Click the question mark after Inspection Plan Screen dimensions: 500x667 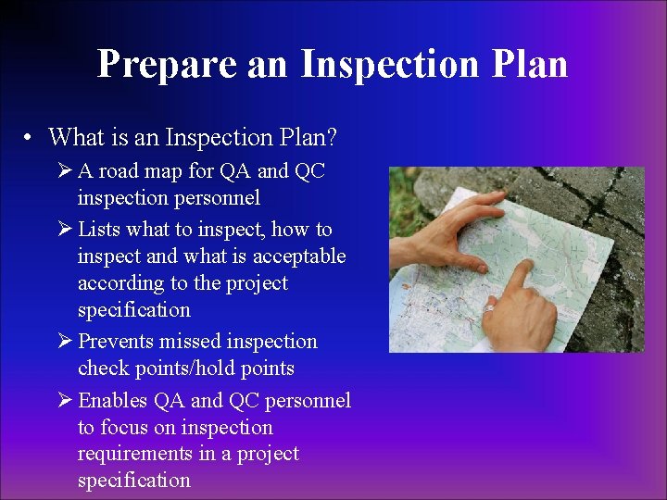click(x=332, y=138)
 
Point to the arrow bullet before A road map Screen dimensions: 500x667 click(x=63, y=171)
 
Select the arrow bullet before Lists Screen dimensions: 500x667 click(x=63, y=230)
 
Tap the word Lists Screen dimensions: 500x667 click(x=100, y=230)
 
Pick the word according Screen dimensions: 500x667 click(x=120, y=283)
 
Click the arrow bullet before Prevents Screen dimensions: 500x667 click(x=63, y=342)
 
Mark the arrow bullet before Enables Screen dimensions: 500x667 click(x=63, y=401)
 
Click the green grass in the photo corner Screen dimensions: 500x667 click(x=400, y=185)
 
